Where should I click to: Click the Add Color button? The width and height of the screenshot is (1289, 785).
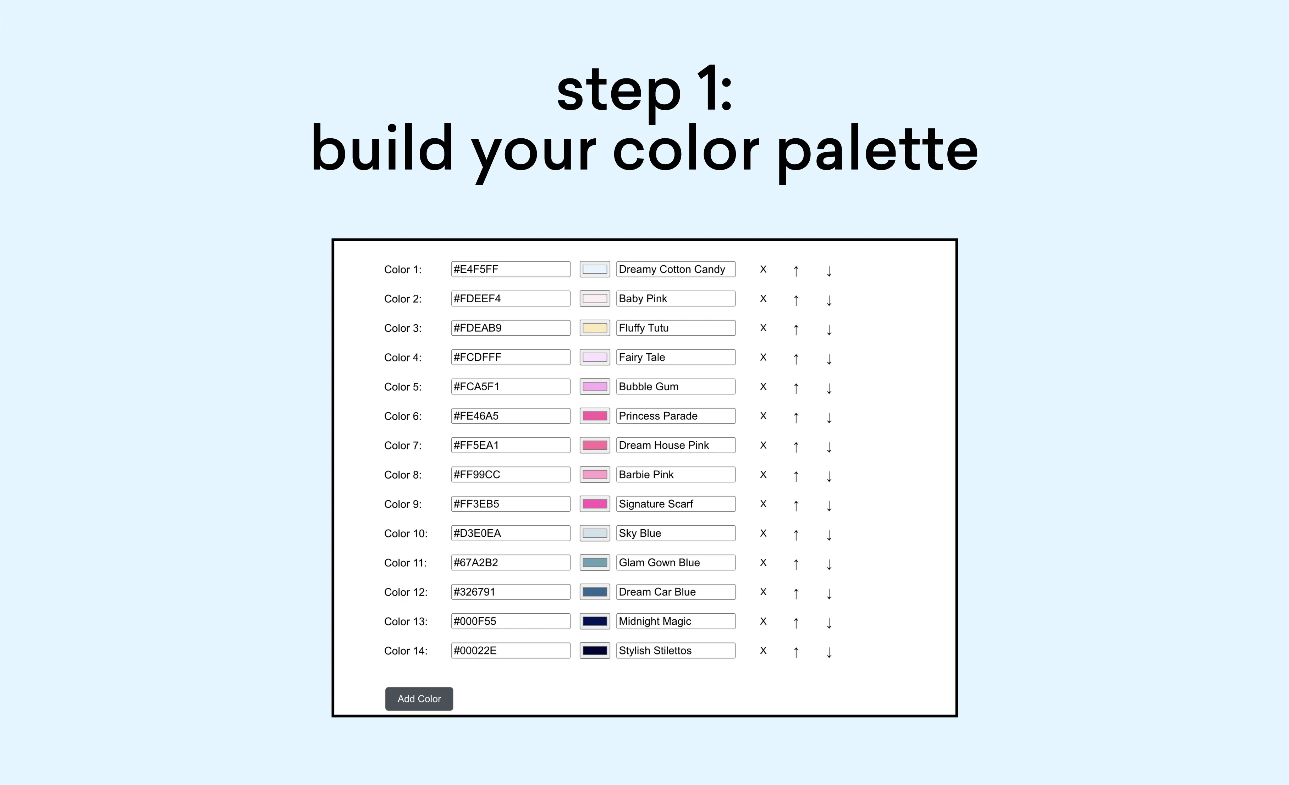419,699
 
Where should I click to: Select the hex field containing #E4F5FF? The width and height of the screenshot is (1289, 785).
510,269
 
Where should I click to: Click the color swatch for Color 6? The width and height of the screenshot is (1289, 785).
595,416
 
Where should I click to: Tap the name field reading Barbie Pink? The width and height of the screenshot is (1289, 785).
675,474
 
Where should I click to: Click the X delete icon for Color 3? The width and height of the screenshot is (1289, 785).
763,328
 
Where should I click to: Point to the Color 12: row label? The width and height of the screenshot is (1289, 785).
406,592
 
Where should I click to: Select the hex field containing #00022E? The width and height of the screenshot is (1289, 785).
510,651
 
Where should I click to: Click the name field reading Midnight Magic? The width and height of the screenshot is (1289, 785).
675,621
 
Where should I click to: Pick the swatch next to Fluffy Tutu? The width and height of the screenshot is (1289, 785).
595,328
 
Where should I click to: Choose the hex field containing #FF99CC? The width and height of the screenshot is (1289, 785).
510,474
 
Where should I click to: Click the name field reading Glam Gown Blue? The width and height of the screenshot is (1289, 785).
675,563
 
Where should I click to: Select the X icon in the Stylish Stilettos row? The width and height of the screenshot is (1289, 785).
763,651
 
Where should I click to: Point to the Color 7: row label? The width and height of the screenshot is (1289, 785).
402,446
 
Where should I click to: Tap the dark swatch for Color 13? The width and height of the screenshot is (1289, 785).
595,621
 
